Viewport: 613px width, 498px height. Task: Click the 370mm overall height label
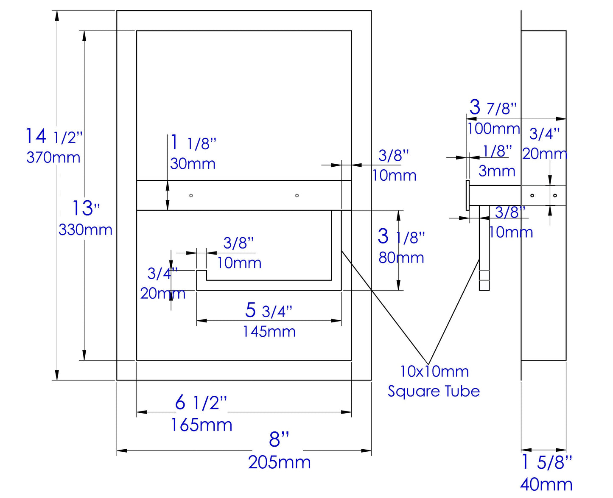(x=53, y=157)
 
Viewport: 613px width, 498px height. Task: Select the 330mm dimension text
(x=85, y=230)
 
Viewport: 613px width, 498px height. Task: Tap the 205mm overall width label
(x=279, y=462)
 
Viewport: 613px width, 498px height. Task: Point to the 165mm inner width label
(x=202, y=425)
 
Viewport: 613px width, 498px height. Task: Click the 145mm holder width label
(x=269, y=331)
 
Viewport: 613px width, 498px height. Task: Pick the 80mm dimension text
(x=401, y=257)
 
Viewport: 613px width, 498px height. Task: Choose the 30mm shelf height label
(x=193, y=164)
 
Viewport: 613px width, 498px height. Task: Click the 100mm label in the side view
(x=493, y=128)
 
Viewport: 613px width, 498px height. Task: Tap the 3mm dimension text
(x=497, y=171)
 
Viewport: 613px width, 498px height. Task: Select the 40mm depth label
(x=546, y=484)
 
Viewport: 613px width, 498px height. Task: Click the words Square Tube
(x=434, y=391)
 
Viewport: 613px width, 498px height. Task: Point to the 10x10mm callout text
(x=434, y=372)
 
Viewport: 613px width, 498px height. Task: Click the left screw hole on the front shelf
(x=191, y=196)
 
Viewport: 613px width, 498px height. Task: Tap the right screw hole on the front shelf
(x=297, y=196)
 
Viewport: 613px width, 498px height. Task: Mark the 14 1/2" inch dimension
(x=54, y=137)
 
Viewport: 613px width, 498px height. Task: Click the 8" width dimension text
(x=279, y=439)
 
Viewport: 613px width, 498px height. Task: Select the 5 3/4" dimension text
(x=269, y=311)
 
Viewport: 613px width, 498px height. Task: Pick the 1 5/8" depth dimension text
(x=546, y=462)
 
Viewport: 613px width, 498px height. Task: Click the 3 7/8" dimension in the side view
(x=493, y=108)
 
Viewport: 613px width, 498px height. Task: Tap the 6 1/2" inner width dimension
(x=201, y=403)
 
